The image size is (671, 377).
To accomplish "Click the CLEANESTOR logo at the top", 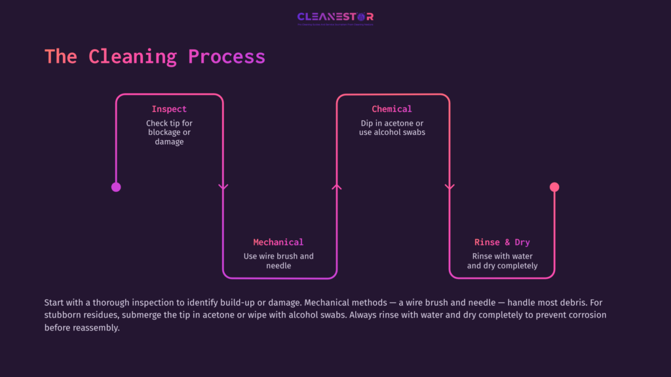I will (335, 17).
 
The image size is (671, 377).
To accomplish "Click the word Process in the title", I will (227, 56).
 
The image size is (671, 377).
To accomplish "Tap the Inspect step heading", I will (169, 109).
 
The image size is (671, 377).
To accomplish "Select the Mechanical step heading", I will (278, 242).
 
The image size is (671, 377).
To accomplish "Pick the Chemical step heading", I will (392, 109).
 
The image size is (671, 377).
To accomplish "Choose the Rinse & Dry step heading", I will (502, 242).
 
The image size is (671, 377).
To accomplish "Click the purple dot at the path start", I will (116, 187).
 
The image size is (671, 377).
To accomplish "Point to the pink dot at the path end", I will (554, 187).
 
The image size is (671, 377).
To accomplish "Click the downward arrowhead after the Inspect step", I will (223, 187).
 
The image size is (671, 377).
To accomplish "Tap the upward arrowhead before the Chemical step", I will (337, 187).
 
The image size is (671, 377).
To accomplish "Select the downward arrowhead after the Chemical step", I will (450, 187).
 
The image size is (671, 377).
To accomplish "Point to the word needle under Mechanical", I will (278, 266).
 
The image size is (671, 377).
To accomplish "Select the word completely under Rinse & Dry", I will (516, 266).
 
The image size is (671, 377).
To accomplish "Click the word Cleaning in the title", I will (132, 56).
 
